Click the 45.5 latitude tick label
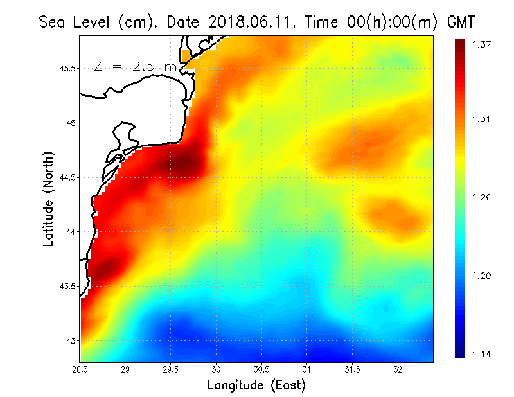(67, 69)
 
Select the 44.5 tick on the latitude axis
(67, 177)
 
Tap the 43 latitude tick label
(71, 340)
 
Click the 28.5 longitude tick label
(80, 369)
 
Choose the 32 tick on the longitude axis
(398, 369)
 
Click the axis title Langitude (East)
(256, 385)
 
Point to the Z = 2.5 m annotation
(135, 66)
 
